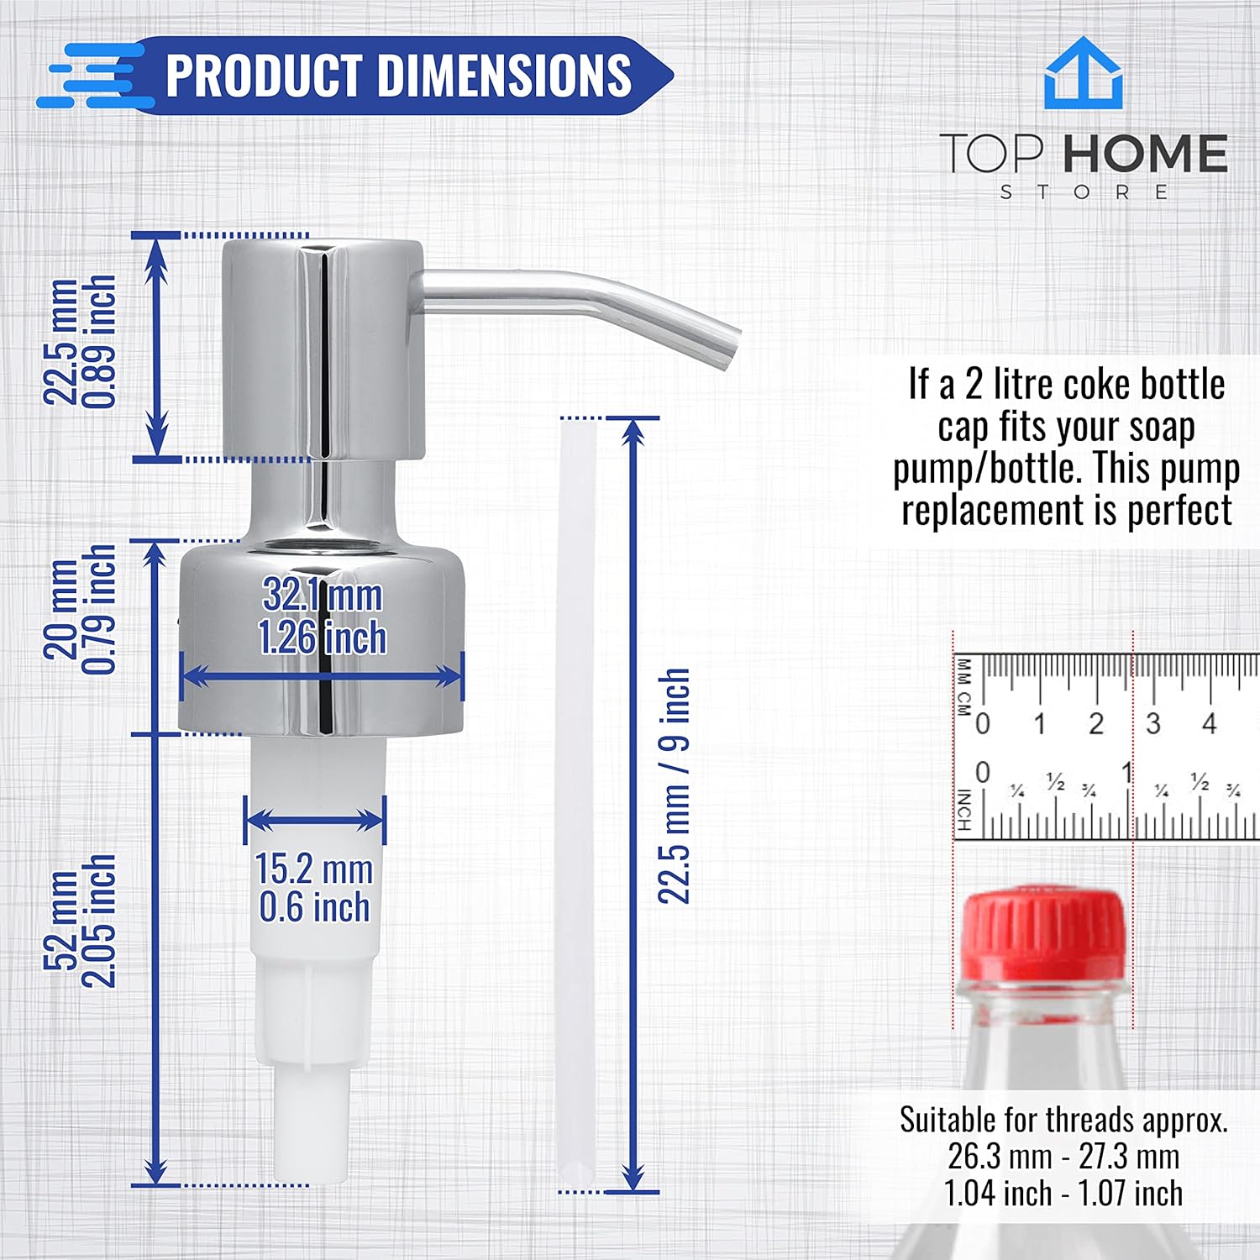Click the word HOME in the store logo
(1145, 153)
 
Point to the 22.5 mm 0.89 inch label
(80, 342)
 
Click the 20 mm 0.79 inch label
(80, 609)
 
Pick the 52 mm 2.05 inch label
(80, 921)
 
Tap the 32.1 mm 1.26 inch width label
(323, 616)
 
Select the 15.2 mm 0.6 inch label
(314, 888)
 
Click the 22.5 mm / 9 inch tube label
(674, 786)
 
